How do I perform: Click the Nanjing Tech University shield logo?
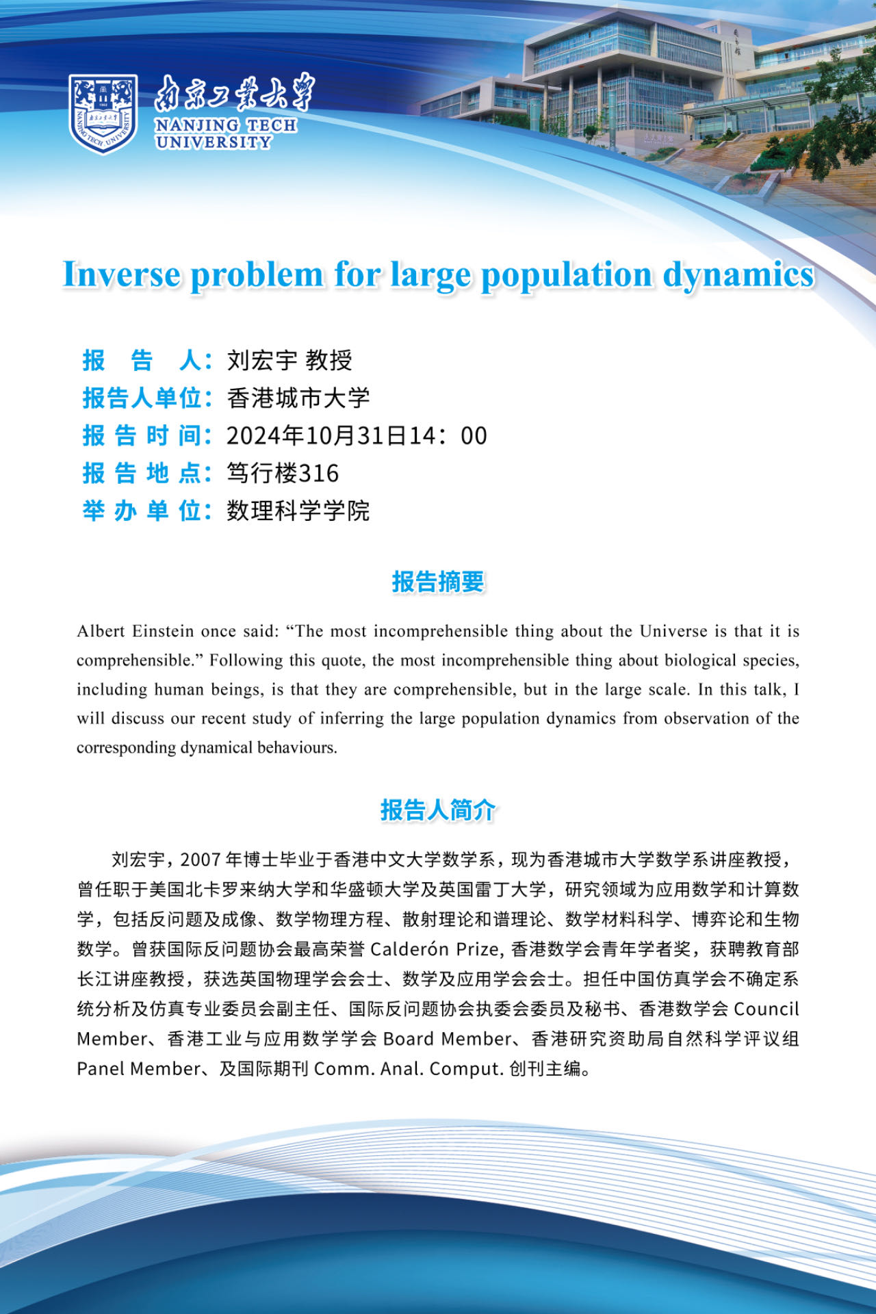tap(103, 114)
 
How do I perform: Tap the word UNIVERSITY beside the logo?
tap(214, 142)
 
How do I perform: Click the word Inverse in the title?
tap(121, 274)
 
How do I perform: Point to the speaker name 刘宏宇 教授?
tap(289, 360)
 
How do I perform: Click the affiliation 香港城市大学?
tap(298, 398)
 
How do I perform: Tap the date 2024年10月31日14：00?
tap(357, 435)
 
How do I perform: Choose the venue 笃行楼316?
tap(283, 473)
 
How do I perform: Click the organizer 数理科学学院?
tap(298, 511)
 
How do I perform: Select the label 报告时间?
tap(146, 435)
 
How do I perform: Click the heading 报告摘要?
tap(438, 582)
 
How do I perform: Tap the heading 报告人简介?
tap(438, 810)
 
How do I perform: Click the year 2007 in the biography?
tap(201, 860)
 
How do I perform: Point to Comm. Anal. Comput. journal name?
tap(409, 1068)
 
